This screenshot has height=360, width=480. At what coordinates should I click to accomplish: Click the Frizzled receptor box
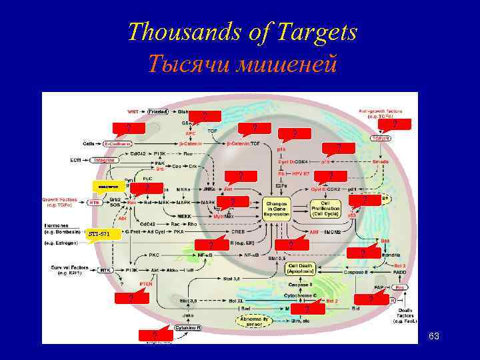tap(157, 111)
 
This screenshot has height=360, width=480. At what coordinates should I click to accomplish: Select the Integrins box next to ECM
tap(104, 160)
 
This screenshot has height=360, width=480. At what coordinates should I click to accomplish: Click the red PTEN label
tap(146, 283)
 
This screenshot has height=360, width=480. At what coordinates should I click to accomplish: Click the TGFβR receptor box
tap(381, 139)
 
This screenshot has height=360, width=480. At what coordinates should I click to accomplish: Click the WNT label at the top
tap(134, 111)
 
